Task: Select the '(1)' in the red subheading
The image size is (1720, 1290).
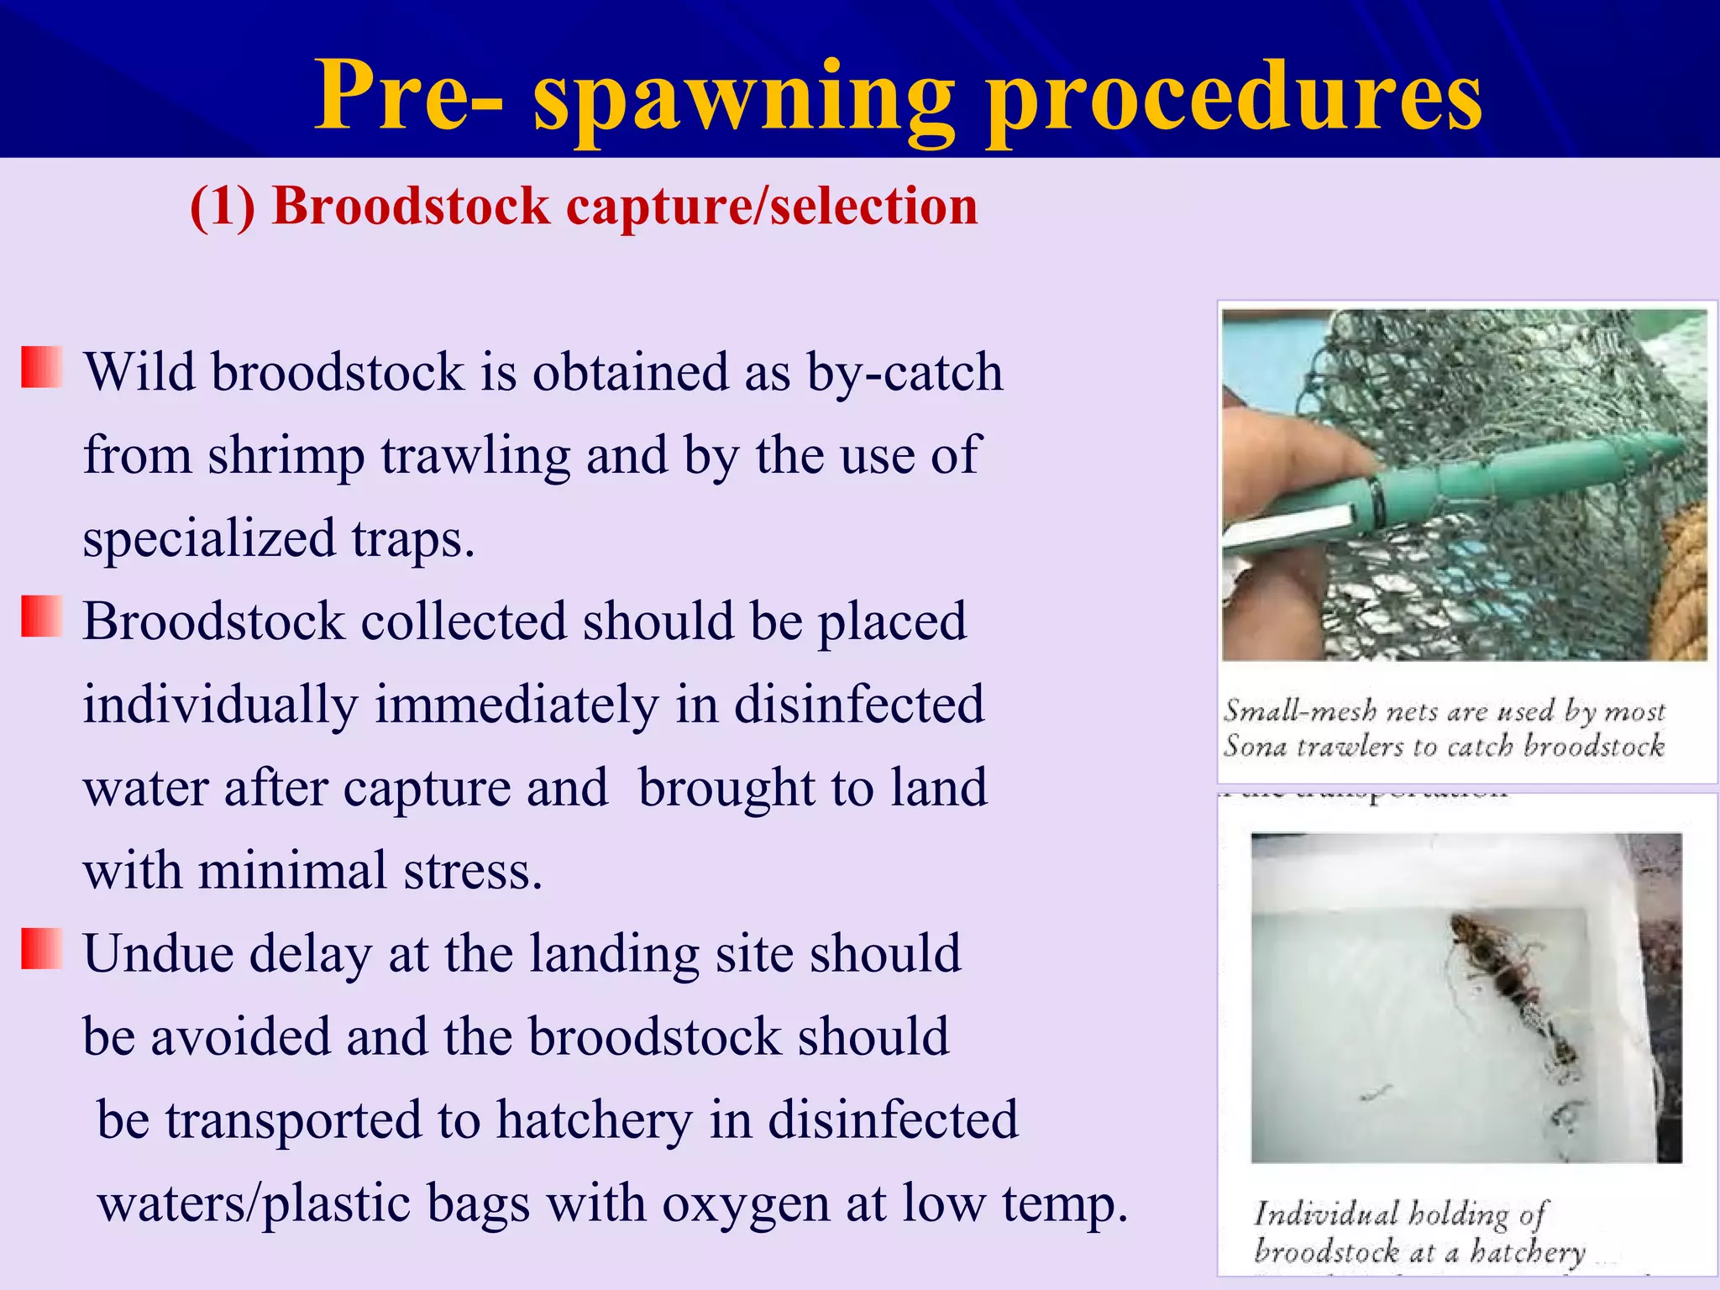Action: click(x=223, y=207)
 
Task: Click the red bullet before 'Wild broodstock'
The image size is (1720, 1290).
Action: click(x=41, y=367)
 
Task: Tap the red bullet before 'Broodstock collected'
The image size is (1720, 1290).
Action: click(x=41, y=616)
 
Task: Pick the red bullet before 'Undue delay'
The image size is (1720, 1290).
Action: click(x=41, y=949)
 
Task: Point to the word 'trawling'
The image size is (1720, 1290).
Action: click(x=475, y=456)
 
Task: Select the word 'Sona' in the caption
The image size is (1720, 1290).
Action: click(x=1254, y=746)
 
